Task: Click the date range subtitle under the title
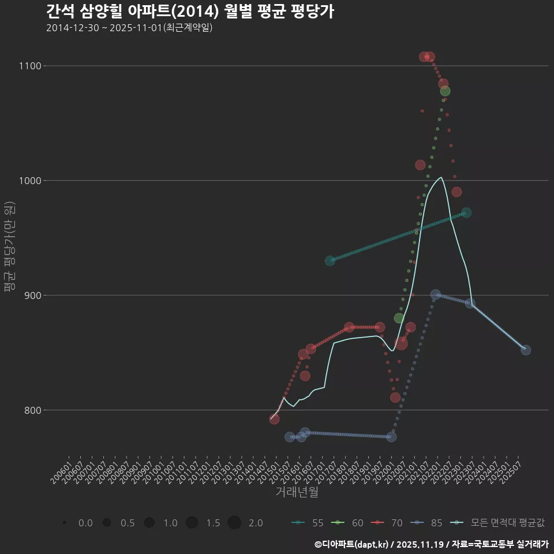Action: pos(129,28)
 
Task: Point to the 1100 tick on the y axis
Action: pos(32,66)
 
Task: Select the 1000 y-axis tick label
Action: pos(32,181)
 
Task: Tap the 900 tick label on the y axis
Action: pos(34,295)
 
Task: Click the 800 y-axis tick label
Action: pos(34,410)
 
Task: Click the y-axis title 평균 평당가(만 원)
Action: pos(9,248)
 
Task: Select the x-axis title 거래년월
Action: pos(297,492)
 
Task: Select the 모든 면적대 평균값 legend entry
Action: pos(499,523)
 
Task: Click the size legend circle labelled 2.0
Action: pos(234,523)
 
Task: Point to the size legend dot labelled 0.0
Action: pos(65,523)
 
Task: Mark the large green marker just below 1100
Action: pos(445,91)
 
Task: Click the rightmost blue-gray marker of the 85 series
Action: pos(526,350)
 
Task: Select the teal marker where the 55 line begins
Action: pos(330,261)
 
